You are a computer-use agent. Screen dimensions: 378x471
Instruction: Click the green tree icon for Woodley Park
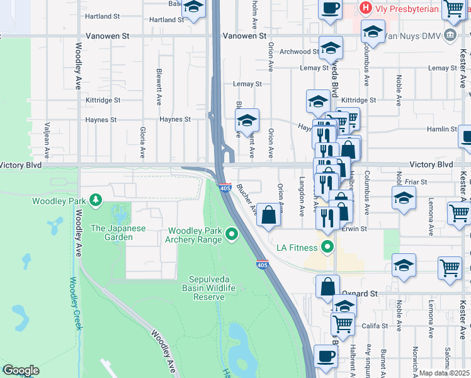point(96,201)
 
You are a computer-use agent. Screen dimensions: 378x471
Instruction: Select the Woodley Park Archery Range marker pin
point(232,235)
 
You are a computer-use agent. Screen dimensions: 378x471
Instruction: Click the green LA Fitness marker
point(327,246)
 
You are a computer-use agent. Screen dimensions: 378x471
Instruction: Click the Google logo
point(21,370)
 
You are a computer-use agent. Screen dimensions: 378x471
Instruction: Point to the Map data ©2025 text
point(445,373)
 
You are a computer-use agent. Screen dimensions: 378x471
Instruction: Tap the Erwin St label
point(355,229)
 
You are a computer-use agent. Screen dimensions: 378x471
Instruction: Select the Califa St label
point(374,326)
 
